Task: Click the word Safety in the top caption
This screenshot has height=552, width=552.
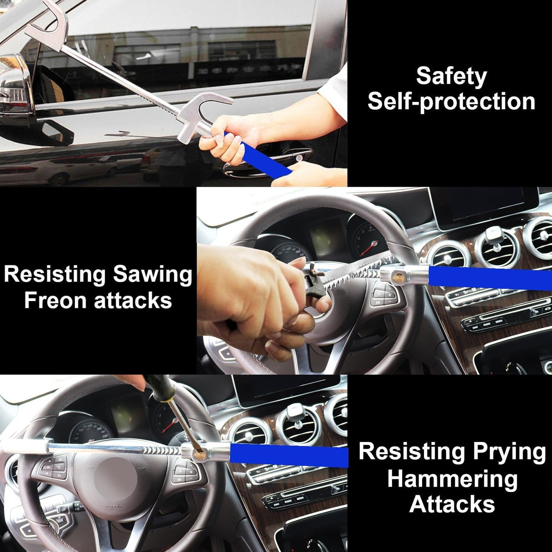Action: point(451,76)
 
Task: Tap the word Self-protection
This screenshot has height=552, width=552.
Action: point(451,102)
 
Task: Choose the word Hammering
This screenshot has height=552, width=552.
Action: point(452,478)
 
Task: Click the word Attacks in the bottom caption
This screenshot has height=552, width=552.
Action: point(452,504)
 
